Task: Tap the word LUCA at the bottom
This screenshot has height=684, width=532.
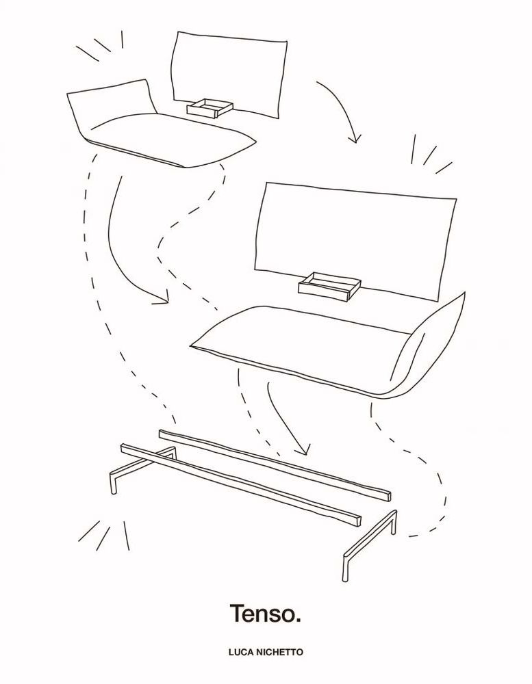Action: [242, 653]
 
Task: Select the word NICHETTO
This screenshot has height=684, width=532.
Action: [279, 653]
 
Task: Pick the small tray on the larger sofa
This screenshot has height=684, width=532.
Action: [329, 285]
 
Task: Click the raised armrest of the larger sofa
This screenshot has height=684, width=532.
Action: [430, 345]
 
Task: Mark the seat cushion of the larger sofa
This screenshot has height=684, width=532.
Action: [301, 345]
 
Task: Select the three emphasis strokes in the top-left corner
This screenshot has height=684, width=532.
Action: [100, 45]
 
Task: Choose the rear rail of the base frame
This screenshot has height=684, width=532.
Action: [275, 464]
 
